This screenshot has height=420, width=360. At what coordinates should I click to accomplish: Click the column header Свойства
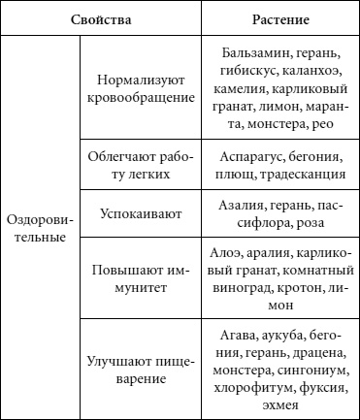(103, 18)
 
